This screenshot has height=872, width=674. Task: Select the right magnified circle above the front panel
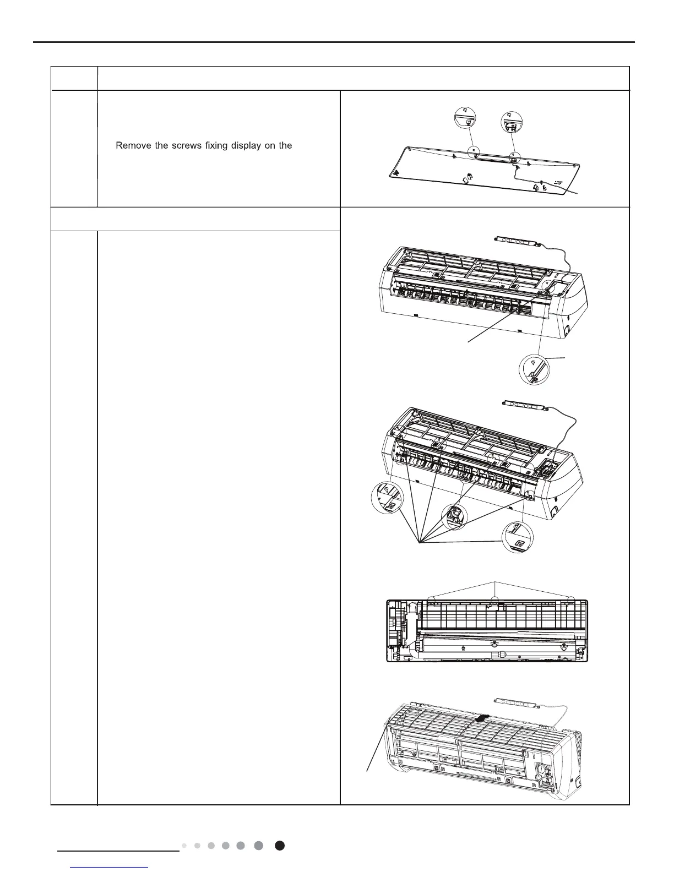(512, 122)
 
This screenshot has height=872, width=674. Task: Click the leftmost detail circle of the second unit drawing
(387, 497)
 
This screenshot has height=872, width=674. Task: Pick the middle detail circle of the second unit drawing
(455, 516)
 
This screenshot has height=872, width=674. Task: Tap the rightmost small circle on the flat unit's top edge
(572, 599)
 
